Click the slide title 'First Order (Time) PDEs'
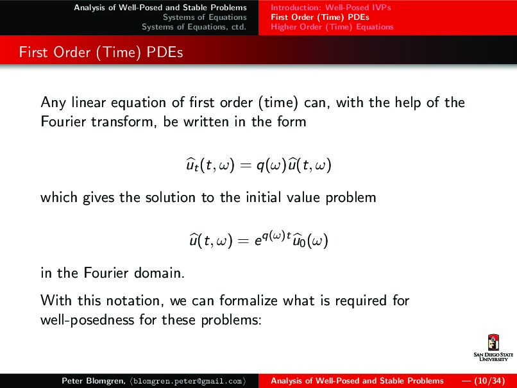coord(101,53)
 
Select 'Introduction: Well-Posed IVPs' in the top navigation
coord(331,8)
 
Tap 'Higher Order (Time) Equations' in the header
coord(332,27)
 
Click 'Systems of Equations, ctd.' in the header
coord(194,27)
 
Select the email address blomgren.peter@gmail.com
coord(191,381)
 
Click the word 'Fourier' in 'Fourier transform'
coord(63,121)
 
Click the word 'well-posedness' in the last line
coord(83,319)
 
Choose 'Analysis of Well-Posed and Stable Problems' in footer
coord(357,381)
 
